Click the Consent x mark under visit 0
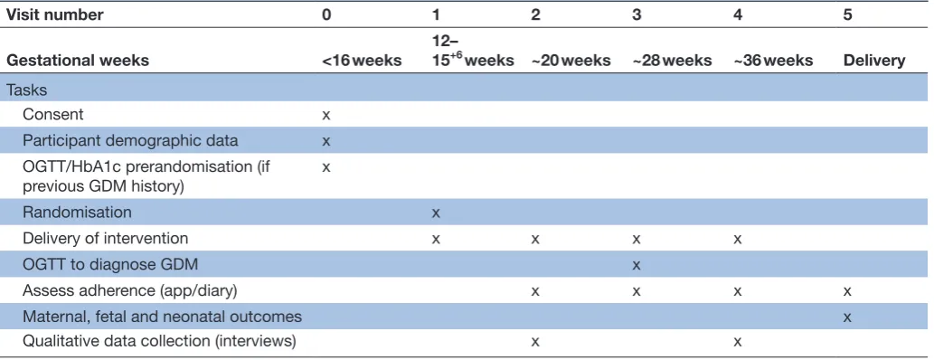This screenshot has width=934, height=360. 325,115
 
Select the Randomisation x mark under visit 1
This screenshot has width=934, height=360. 436,213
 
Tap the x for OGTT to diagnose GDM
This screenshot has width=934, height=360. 637,265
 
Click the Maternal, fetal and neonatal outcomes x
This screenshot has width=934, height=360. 847,317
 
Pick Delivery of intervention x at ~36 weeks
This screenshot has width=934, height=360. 738,239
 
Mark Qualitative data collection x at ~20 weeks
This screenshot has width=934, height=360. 535,342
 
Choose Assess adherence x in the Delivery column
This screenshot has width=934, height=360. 847,291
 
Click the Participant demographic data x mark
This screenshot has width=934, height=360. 325,141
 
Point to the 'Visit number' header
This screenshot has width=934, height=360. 55,14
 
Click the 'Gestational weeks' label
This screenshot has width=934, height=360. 78,61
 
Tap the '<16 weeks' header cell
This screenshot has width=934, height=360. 362,61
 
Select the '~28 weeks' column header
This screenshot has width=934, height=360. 672,61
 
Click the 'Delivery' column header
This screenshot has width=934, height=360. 874,61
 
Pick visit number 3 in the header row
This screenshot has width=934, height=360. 637,14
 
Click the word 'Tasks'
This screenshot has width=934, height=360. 27,90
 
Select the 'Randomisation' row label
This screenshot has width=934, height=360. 78,213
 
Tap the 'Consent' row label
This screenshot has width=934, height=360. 53,115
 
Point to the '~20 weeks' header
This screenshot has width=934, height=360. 571,61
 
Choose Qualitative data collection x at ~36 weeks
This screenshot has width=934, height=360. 738,342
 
